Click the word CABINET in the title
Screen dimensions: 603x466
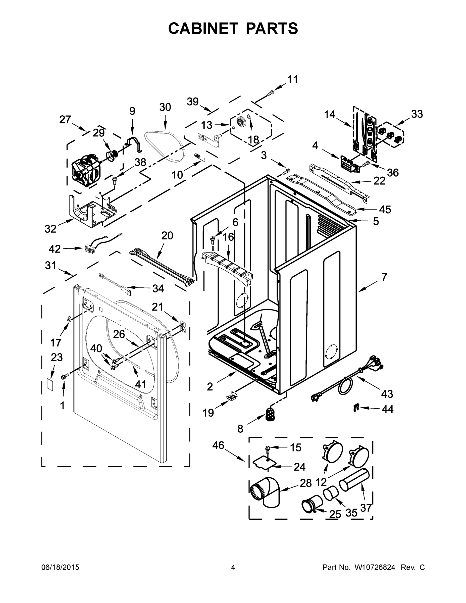pyautogui.click(x=203, y=28)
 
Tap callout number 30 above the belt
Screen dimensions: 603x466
pyautogui.click(x=165, y=107)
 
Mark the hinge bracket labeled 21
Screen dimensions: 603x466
pyautogui.click(x=182, y=326)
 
